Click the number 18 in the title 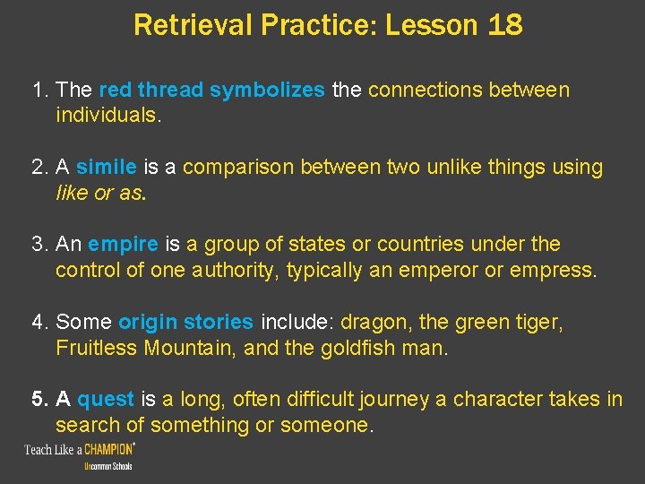(x=505, y=25)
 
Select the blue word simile (x=106, y=168)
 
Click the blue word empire (x=124, y=245)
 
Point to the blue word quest (x=106, y=399)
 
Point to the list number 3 (x=38, y=245)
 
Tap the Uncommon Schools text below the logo (x=107, y=467)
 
